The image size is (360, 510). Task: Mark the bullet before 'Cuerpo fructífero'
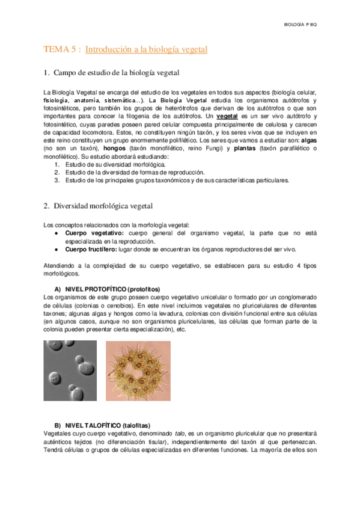[x=56, y=249]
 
